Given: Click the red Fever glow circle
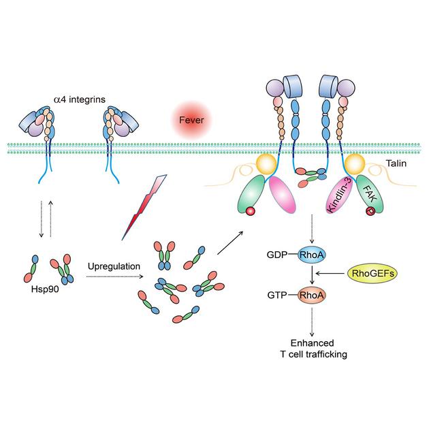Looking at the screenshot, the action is pos(191,120).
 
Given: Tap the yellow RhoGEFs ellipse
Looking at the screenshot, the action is pos(372,273).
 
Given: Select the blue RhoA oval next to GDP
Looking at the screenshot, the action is pos(312,255).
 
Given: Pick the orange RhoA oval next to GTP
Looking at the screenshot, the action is pos(312,296).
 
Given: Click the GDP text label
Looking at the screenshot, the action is pos(277,255).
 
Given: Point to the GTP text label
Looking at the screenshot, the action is pos(277,296).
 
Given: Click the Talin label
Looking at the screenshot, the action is pos(396,163).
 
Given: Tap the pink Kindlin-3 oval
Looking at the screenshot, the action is pos(338,195).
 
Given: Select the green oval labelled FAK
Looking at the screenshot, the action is pos(370,195).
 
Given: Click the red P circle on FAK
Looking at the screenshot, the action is pos(371,211).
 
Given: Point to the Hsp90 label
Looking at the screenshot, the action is pos(45,289).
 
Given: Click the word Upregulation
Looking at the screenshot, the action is pos(114,266).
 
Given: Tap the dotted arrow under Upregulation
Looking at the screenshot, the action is pos(114,277).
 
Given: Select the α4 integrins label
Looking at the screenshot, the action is pos(80,99).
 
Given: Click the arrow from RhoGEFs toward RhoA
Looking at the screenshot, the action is pos(330,273).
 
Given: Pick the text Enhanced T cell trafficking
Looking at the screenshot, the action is pos(313,349).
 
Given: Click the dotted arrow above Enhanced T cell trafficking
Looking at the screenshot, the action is pos(312,322).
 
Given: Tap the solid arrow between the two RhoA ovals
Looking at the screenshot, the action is pos(312,275).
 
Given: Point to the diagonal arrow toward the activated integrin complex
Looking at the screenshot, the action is pos(230,243).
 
